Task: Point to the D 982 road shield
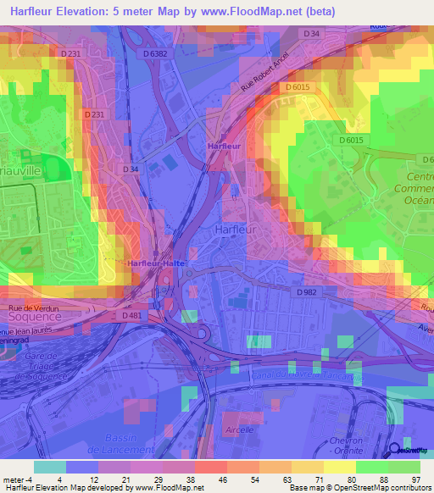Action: (x=308, y=291)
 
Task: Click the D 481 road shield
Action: (x=131, y=315)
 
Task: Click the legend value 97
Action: (x=415, y=479)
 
